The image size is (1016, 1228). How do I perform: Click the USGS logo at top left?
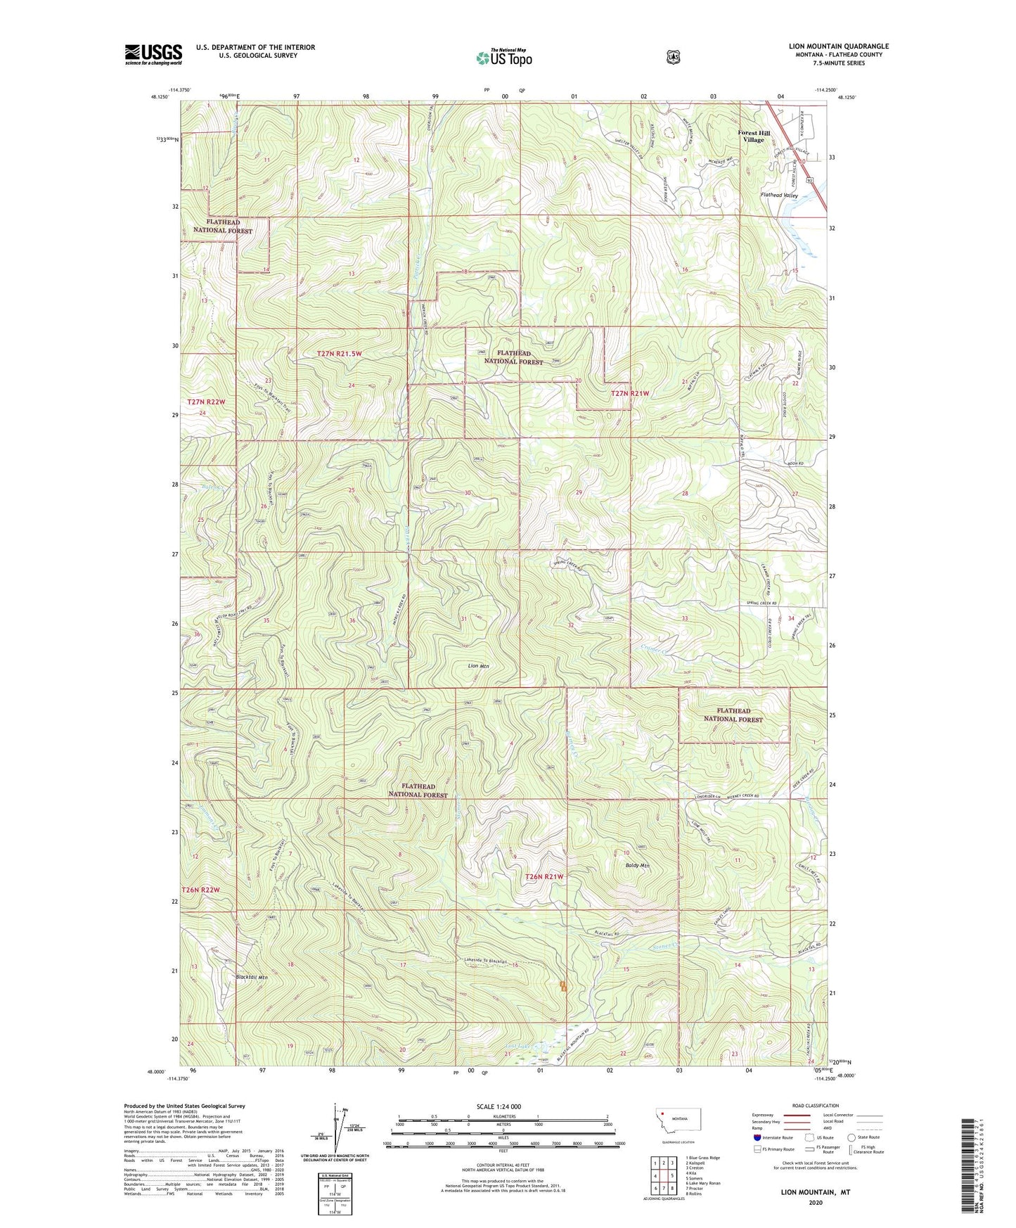pos(153,54)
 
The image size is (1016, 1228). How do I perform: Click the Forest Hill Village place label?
pos(754,136)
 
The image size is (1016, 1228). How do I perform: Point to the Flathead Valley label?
pos(779,196)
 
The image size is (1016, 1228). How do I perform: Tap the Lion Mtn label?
pos(478,665)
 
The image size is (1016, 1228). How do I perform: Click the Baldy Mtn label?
pos(636,866)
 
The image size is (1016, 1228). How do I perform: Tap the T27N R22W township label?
pos(207,402)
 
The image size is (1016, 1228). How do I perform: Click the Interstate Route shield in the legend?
pos(757,1137)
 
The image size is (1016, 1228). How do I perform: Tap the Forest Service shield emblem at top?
pos(673,57)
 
